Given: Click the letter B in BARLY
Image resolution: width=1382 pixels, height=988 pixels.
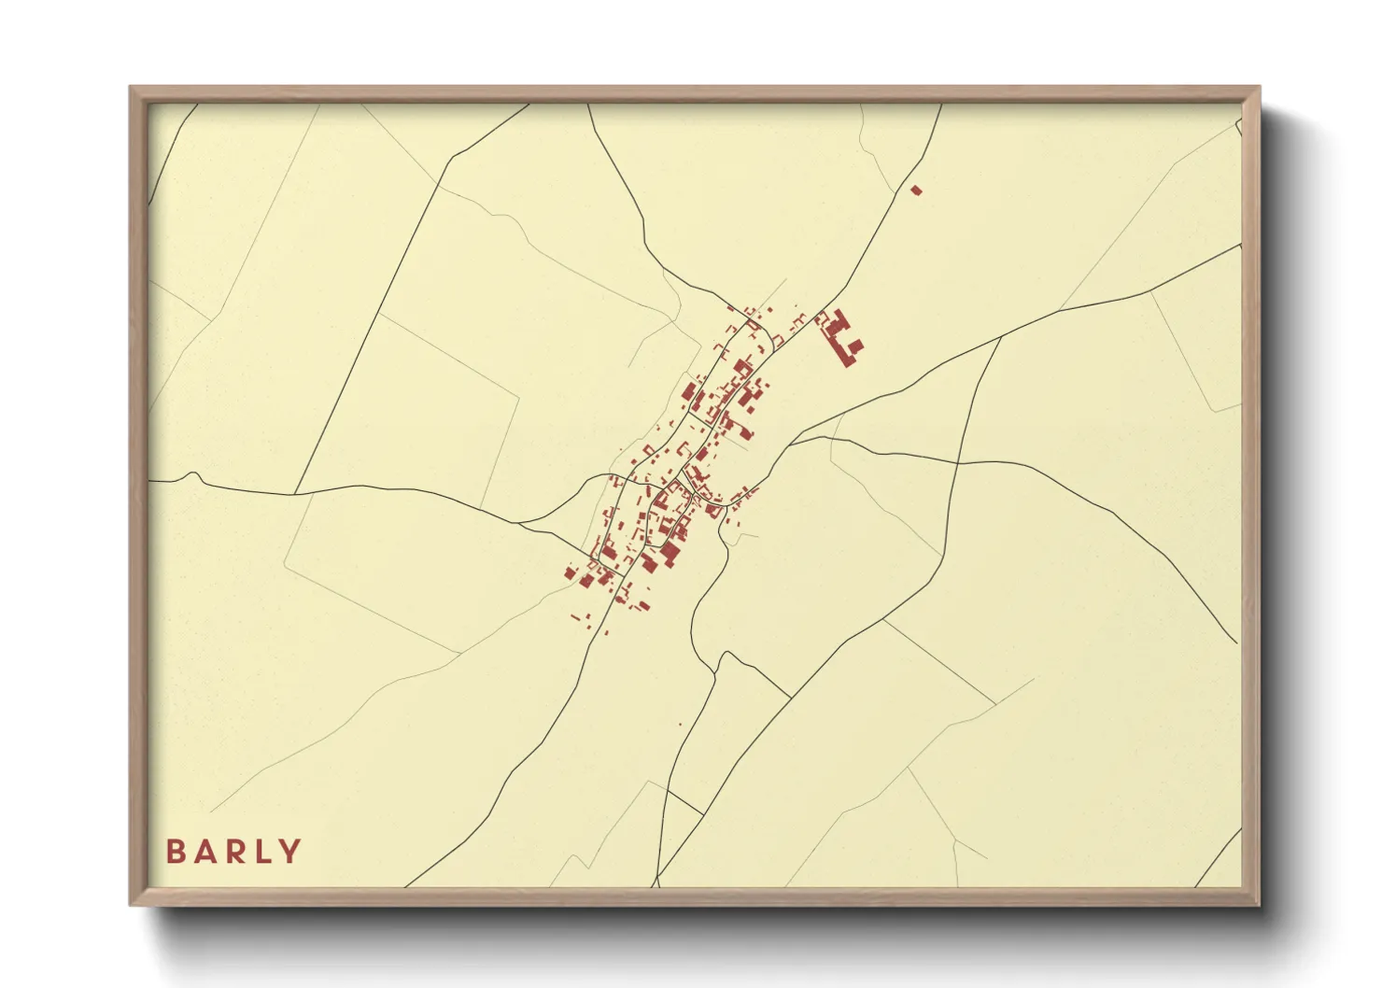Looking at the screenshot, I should click(x=175, y=852).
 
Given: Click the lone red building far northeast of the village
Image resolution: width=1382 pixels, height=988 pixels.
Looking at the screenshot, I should click(x=916, y=190).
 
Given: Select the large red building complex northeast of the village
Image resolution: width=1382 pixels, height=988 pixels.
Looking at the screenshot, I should click(x=842, y=338).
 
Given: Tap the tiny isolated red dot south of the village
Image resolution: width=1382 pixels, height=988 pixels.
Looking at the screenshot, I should click(x=680, y=725).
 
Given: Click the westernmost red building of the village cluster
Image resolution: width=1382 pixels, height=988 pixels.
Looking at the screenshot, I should click(x=570, y=572).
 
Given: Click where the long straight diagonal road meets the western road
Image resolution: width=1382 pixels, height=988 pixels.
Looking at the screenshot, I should click(x=295, y=494).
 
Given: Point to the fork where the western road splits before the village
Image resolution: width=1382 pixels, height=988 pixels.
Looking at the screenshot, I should click(x=519, y=524).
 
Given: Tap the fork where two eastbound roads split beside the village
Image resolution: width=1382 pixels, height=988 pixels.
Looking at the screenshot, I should click(x=792, y=443).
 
